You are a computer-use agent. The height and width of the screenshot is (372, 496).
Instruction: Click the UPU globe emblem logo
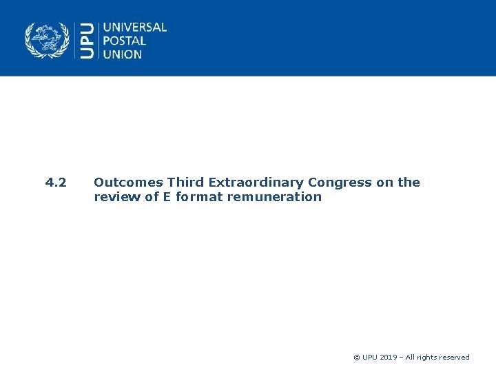(48, 40)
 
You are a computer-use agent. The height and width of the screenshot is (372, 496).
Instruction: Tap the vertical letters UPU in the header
(87, 41)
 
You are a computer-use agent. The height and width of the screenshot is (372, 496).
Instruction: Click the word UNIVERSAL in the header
(134, 28)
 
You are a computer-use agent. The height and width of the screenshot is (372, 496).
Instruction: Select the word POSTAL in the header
(125, 41)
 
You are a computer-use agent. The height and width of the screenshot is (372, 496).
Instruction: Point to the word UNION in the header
(123, 54)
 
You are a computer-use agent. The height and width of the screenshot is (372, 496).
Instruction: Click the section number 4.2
(56, 183)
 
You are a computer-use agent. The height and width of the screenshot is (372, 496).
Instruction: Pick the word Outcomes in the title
(128, 183)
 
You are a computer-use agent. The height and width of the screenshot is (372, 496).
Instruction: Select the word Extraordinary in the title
(255, 183)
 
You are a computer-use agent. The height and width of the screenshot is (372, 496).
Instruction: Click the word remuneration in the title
(271, 197)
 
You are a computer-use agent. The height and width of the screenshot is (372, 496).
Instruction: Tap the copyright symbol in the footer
(356, 358)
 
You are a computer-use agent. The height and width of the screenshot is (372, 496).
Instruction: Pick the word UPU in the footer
(371, 358)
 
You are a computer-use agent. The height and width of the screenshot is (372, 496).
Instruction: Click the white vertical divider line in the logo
(98, 41)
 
